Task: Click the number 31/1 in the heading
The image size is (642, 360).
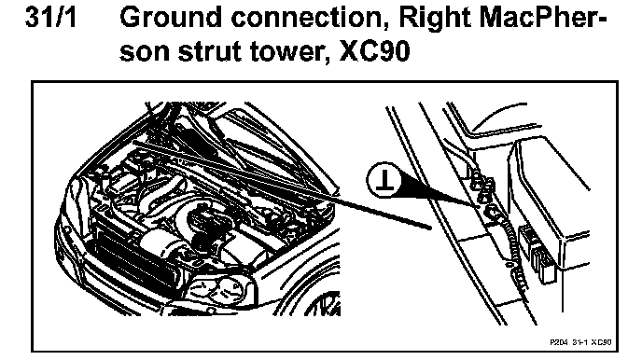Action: click(x=50, y=17)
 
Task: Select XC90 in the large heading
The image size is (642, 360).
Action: click(x=374, y=51)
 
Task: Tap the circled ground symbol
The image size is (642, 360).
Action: click(x=384, y=180)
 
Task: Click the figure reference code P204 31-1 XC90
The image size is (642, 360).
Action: click(x=580, y=342)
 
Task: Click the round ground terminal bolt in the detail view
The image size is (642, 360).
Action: click(x=493, y=213)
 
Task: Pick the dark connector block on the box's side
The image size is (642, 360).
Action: click(x=537, y=253)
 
